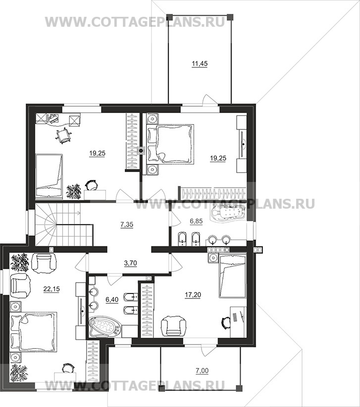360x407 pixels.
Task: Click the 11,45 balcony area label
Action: click(200, 63)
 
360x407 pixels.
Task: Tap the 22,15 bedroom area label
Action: click(51, 289)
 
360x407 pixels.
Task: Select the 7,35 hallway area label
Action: click(127, 224)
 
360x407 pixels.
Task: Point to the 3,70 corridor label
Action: click(130, 263)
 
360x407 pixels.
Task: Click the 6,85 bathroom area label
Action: click(196, 221)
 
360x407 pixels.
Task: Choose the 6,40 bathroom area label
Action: click(112, 299)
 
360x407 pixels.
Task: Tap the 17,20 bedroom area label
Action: click(193, 295)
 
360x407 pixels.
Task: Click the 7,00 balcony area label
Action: click(202, 371)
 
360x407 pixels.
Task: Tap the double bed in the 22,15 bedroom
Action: click(33, 332)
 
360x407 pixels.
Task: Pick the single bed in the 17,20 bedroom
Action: click(233, 276)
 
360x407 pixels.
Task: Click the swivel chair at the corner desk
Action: click(63, 135)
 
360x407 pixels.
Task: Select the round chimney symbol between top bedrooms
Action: click(141, 151)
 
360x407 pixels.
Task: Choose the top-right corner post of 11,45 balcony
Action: click(229, 16)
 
